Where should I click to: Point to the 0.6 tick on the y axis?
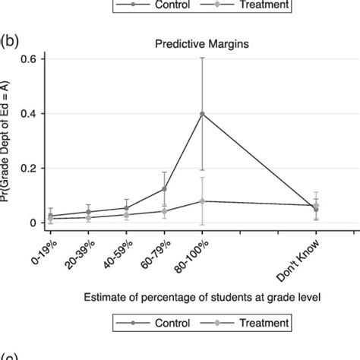[x=36, y=59]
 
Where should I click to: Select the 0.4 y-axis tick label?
[x=36, y=114]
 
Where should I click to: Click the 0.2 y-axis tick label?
[x=36, y=169]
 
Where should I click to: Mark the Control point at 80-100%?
[x=201, y=114]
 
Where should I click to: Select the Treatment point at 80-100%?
[x=201, y=201]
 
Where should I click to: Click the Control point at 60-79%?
[x=164, y=189]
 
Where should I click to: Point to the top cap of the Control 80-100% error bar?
[x=201, y=57]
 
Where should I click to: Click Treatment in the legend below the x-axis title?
[x=263, y=324]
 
